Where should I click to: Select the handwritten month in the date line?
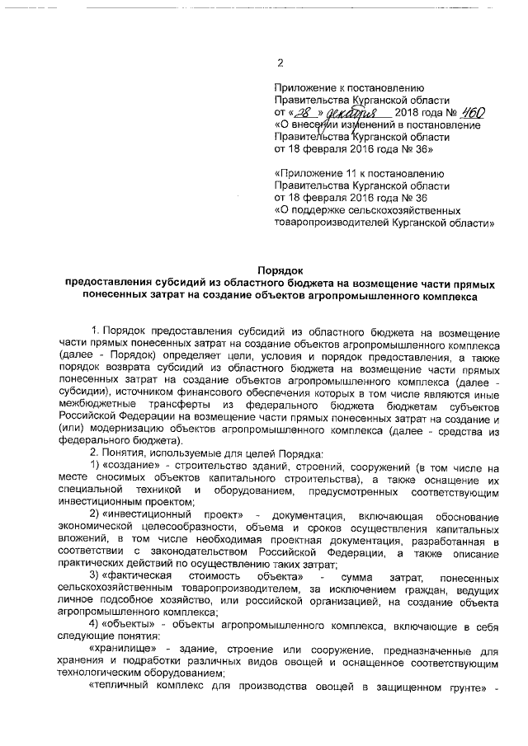coord(352,112)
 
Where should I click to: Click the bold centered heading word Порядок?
coord(280,270)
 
